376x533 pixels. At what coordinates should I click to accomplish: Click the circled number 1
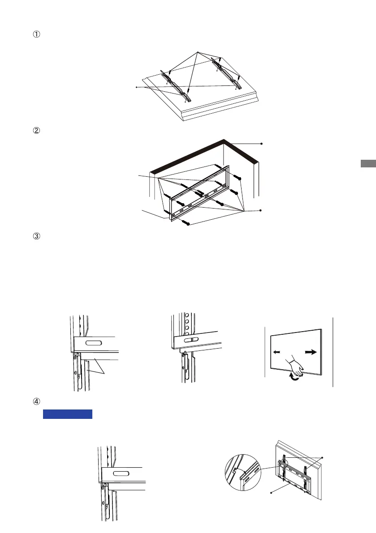pyautogui.click(x=36, y=34)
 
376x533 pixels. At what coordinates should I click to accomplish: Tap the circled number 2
pyautogui.click(x=36, y=131)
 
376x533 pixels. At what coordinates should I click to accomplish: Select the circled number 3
pyautogui.click(x=36, y=236)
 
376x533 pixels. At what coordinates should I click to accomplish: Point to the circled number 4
pyautogui.click(x=36, y=401)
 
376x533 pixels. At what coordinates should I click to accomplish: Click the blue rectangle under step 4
pyautogui.click(x=68, y=414)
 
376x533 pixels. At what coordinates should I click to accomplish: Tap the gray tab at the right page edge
pyautogui.click(x=368, y=163)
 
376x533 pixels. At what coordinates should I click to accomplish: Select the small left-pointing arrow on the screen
pyautogui.click(x=277, y=352)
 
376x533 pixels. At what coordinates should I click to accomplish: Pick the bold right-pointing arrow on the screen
pyautogui.click(x=311, y=352)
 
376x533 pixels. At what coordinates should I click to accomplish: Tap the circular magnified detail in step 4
pyautogui.click(x=243, y=472)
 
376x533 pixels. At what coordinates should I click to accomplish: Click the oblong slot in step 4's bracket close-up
pyautogui.click(x=121, y=473)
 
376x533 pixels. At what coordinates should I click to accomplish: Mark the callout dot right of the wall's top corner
pyautogui.click(x=261, y=144)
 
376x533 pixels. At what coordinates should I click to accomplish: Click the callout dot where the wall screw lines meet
pyautogui.click(x=260, y=210)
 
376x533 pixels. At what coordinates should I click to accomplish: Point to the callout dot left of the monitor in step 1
pyautogui.click(x=137, y=87)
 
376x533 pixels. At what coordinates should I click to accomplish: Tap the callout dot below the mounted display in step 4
pyautogui.click(x=271, y=493)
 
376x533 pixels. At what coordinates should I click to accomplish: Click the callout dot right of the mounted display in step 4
pyautogui.click(x=322, y=458)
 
